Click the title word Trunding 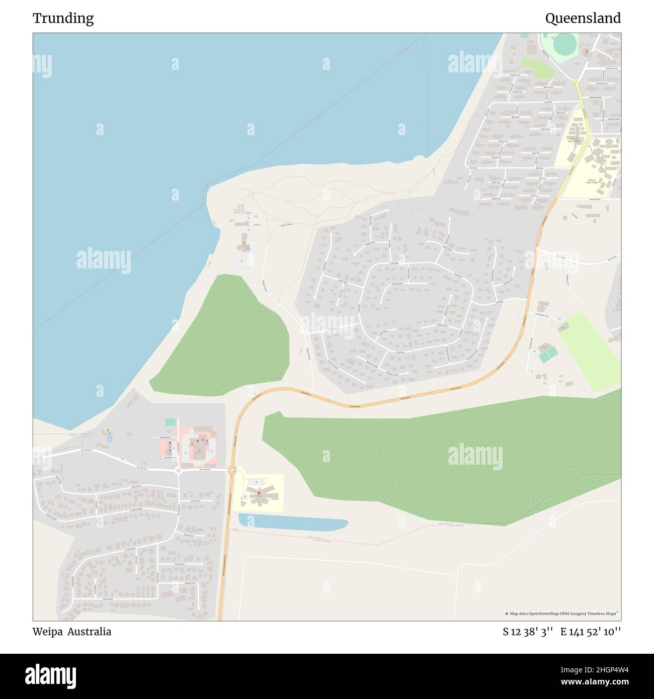coord(63,19)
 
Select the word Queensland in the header coord(583,19)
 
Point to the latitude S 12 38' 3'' coord(528,632)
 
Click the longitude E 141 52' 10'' coord(591,632)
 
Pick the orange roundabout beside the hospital coord(232,470)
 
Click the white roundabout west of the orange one coord(178,471)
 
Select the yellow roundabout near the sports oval coord(576,81)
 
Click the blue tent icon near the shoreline coord(110,433)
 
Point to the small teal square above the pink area coord(170,422)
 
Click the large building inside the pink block coord(197,444)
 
